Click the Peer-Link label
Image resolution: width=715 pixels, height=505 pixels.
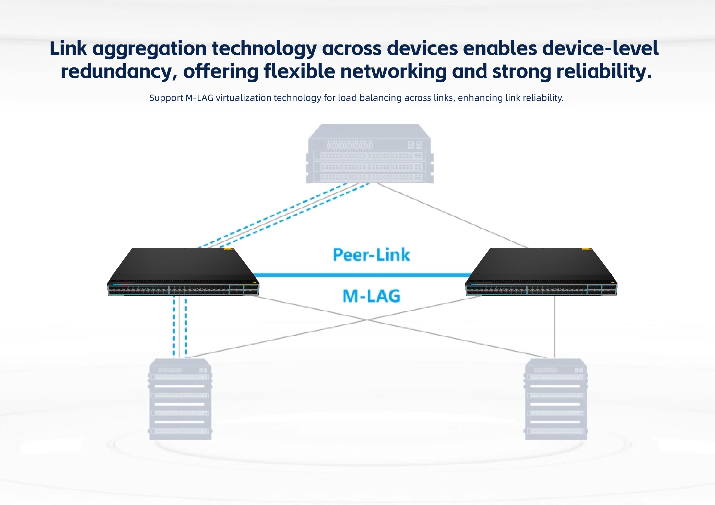(x=371, y=255)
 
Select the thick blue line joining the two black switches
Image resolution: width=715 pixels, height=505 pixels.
(x=361, y=275)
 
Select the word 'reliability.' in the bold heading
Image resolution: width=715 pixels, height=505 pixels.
(x=604, y=72)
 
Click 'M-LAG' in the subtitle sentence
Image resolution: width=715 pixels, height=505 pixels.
(x=199, y=98)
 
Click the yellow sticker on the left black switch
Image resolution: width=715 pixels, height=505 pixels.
(x=228, y=249)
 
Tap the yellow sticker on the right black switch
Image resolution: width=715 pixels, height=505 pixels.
(x=586, y=249)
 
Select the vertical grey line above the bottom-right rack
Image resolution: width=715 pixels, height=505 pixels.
(x=555, y=327)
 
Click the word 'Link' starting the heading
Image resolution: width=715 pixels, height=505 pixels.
(x=68, y=49)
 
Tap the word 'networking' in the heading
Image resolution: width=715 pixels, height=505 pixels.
(x=393, y=72)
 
